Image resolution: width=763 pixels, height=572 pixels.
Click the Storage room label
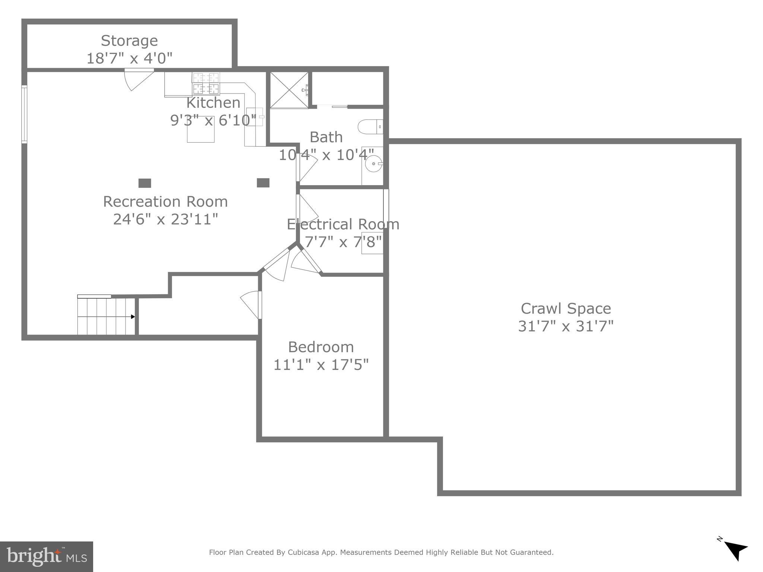[129, 41]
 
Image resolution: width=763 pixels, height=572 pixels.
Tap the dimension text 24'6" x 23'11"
[165, 219]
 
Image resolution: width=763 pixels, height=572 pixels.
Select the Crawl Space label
[566, 308]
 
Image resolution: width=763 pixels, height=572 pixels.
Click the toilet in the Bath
[369, 127]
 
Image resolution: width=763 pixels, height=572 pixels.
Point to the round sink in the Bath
[373, 163]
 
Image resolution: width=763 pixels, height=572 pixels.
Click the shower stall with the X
[289, 90]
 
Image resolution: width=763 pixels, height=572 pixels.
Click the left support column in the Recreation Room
[145, 183]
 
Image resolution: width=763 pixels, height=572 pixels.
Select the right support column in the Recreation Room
[263, 183]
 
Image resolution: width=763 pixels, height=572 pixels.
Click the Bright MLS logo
[47, 556]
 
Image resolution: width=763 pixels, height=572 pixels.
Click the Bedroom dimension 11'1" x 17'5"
[321, 365]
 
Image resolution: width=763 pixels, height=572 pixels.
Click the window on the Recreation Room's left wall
[24, 114]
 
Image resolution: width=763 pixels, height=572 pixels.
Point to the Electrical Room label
[343, 224]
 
